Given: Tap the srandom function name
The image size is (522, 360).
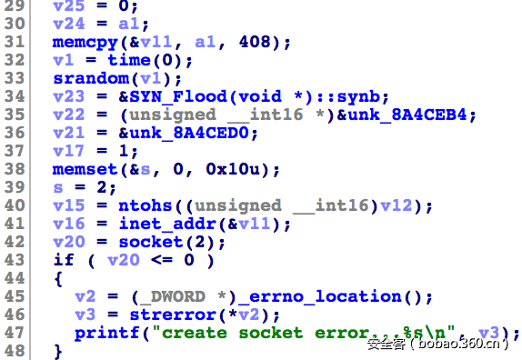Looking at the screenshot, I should pos(85,78).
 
